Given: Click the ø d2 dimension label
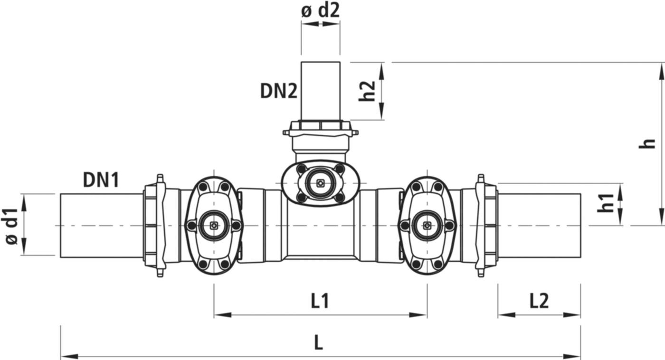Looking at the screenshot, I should [321, 10].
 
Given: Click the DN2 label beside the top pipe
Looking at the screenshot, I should [278, 91].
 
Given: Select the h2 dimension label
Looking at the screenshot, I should [367, 91].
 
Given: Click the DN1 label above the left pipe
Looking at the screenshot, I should [101, 180].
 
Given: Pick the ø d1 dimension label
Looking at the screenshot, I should [12, 225].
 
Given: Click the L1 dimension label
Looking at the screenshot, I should [320, 301].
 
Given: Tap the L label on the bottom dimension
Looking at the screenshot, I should [319, 343].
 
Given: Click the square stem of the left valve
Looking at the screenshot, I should [214, 226].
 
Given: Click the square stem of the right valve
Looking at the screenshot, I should [427, 226].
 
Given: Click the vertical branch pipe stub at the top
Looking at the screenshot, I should [321, 90].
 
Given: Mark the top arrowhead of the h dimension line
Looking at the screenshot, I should [661, 68].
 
